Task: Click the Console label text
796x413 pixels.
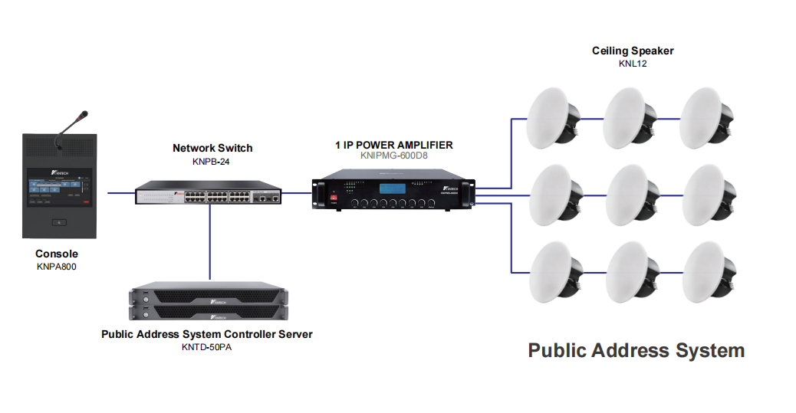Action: pyautogui.click(x=57, y=254)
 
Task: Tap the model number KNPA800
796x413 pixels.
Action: pyautogui.click(x=57, y=267)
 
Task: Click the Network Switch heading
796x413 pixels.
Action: pyautogui.click(x=212, y=148)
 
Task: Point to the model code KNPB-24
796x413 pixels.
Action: pyautogui.click(x=212, y=161)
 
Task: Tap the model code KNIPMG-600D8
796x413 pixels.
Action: pyautogui.click(x=393, y=155)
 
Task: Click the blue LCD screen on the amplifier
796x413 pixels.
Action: pyautogui.click(x=393, y=188)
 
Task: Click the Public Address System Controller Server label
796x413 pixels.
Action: pyautogui.click(x=207, y=334)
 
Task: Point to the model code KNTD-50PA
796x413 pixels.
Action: pyautogui.click(x=207, y=346)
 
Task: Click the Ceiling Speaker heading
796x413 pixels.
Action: pyautogui.click(x=633, y=51)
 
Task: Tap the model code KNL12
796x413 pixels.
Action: pyautogui.click(x=633, y=64)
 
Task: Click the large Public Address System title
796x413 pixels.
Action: pyautogui.click(x=636, y=350)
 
